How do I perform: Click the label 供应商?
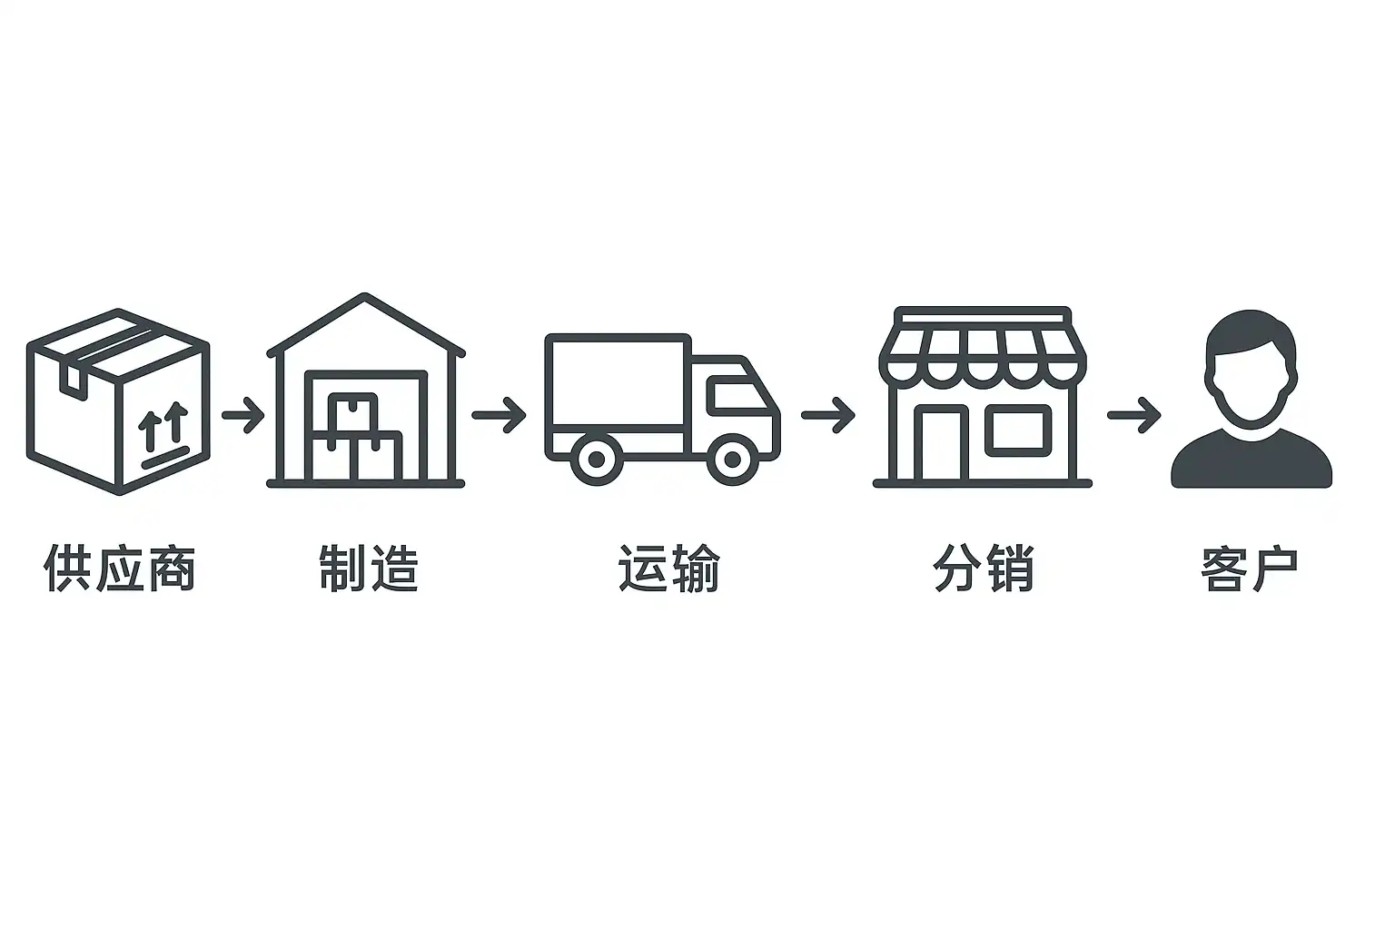pos(120,569)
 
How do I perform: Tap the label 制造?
pos(369,569)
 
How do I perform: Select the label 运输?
pos(669,569)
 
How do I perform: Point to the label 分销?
pos(984,569)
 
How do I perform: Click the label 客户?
pos(1250,569)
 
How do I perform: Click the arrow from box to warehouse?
pos(242,416)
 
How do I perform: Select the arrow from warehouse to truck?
pos(499,416)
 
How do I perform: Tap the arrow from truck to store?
pos(827,416)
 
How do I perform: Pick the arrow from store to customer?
pos(1133,416)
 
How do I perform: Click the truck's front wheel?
pos(732,459)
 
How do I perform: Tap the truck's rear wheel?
pos(597,459)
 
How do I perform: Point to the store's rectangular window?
pos(1018,430)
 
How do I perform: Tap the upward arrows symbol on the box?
pos(164,424)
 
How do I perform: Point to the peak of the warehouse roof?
pos(365,297)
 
